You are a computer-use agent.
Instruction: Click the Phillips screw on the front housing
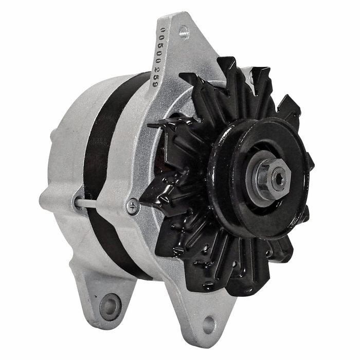(x=133, y=206)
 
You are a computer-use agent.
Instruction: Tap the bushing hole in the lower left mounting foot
(x=111, y=307)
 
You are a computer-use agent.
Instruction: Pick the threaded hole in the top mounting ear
(x=184, y=32)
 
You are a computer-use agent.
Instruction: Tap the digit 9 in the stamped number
(x=155, y=83)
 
